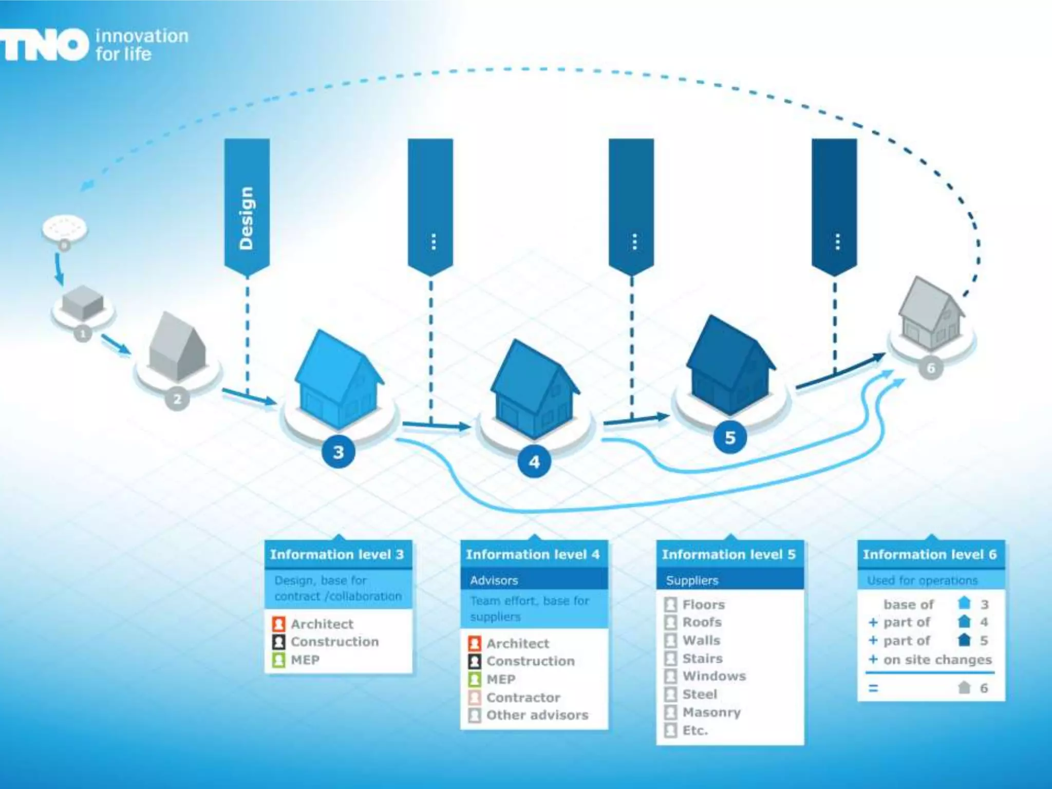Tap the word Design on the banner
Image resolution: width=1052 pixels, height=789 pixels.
247,218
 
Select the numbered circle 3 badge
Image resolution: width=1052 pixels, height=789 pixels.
338,452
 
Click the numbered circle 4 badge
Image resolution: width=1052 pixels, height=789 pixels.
534,462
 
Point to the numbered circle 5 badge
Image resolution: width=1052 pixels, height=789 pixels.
730,438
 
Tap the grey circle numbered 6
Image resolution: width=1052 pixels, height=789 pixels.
931,368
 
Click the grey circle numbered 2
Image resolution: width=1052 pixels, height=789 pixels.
177,399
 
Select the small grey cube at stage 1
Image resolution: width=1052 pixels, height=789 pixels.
82,303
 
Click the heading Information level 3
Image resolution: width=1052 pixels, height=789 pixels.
337,554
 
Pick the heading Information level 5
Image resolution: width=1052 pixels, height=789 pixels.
728,554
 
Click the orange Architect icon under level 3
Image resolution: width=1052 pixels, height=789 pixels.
278,624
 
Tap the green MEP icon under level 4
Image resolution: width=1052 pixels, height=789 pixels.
475,679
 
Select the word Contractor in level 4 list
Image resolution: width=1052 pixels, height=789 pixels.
523,698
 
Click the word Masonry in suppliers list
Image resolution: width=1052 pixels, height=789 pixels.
711,712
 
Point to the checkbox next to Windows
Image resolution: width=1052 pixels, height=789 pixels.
670,676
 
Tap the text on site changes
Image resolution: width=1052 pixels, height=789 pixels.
937,660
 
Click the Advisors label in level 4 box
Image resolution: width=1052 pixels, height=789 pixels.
494,580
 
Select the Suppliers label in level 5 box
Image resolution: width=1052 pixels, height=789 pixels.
692,580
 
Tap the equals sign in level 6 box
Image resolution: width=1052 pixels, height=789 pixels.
873,688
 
